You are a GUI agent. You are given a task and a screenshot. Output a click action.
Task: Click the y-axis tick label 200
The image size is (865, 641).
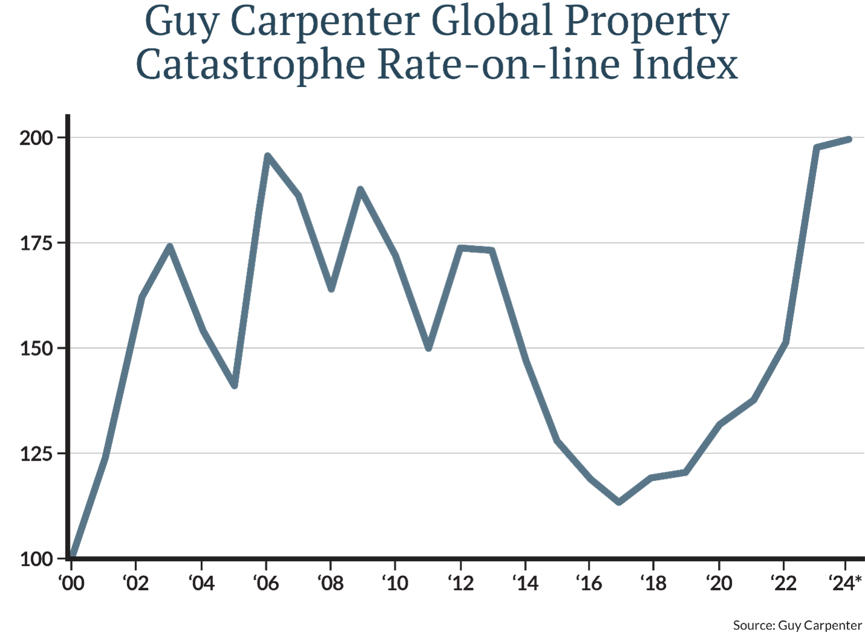pos(38,138)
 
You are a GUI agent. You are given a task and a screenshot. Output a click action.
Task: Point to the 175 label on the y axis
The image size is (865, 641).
pos(38,243)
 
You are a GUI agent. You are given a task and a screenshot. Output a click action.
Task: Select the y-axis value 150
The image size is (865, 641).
pos(38,348)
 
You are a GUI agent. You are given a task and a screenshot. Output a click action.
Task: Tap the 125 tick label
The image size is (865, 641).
pos(38,454)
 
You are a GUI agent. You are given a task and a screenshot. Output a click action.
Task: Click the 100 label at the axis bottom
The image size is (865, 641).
pos(38,559)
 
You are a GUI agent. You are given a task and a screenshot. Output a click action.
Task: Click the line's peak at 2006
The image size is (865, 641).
pos(267,155)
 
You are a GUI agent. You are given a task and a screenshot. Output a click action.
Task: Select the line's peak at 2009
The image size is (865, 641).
pos(361,189)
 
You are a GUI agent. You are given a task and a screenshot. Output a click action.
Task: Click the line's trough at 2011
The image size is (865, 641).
pos(428,349)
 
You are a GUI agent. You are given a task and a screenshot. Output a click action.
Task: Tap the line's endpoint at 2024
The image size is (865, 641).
pos(849,139)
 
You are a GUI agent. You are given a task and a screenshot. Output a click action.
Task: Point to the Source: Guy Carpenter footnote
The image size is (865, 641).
pos(797,625)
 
